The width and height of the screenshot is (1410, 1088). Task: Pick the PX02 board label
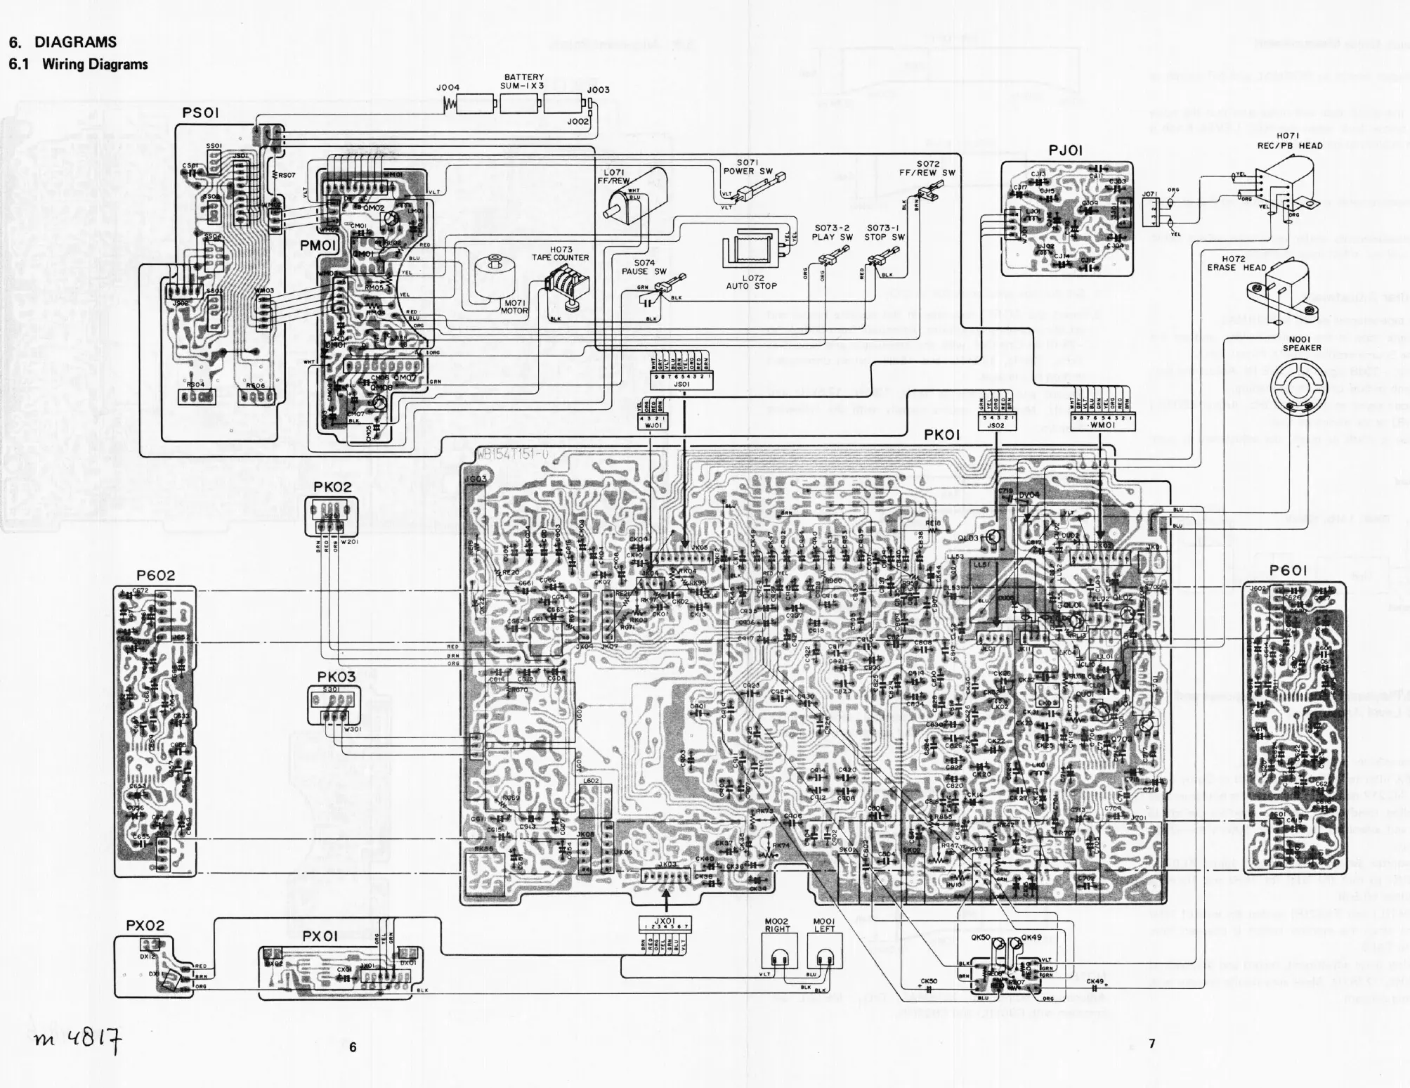[145, 926]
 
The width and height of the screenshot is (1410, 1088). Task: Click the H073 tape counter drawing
[566, 288]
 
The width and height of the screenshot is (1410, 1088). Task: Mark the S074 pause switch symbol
[665, 289]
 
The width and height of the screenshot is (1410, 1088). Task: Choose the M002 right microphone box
[778, 957]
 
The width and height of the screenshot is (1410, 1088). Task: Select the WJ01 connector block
[650, 421]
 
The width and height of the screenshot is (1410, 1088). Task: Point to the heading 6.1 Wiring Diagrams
[78, 65]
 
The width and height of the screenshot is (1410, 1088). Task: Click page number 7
[1151, 1044]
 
